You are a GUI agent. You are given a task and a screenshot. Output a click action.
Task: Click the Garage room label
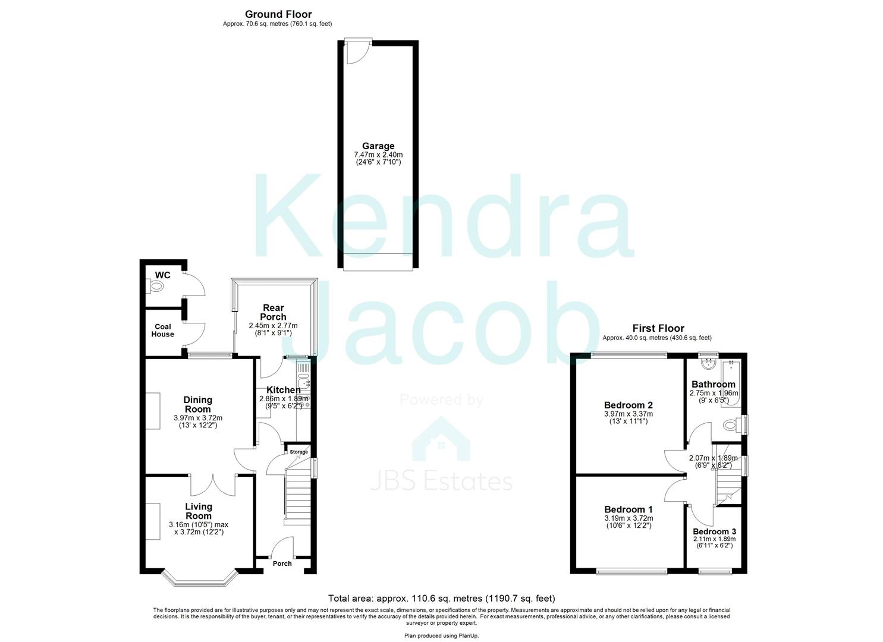pos(378,146)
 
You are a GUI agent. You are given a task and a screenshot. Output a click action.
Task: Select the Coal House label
pos(163,331)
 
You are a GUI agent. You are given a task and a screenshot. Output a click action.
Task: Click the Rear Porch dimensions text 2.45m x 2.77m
pos(273,326)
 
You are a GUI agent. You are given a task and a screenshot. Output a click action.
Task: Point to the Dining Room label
pos(197,404)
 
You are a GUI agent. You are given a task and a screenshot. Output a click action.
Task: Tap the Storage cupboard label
pos(299,452)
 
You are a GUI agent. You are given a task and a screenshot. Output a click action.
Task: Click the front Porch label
pos(282,564)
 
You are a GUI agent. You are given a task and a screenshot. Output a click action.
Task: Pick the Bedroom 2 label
pos(629,405)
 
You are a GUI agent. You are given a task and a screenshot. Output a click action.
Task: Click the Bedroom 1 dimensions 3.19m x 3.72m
pos(629,518)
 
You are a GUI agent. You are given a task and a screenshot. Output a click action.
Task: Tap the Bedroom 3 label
pos(714,531)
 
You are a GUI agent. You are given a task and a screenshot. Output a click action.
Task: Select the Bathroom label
pos(713,384)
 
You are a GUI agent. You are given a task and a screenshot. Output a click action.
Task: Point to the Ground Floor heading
pos(278,14)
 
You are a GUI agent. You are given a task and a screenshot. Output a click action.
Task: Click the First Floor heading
pos(658,328)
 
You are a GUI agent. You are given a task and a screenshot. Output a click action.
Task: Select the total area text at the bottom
pos(442,599)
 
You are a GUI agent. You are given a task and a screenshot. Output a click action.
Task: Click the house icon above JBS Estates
pos(441,440)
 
